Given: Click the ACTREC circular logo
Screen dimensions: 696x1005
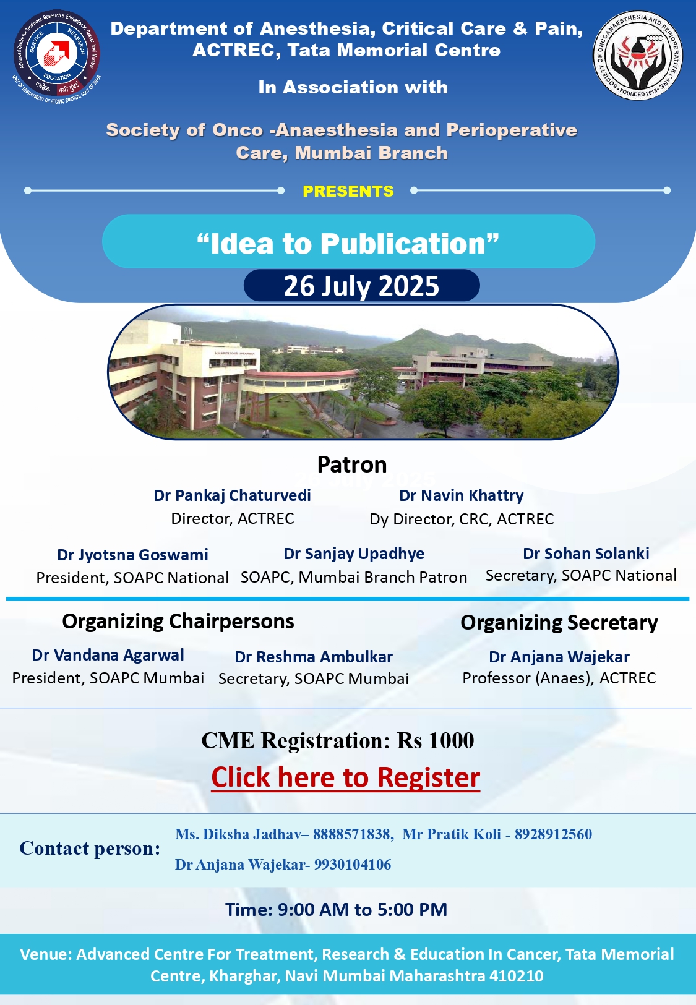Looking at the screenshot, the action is (x=56, y=55).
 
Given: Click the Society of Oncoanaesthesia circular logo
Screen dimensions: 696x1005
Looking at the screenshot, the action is (x=638, y=55).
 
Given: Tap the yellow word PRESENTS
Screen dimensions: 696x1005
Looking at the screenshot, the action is (x=348, y=191).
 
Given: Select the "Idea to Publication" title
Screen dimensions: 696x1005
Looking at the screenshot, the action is (x=348, y=243).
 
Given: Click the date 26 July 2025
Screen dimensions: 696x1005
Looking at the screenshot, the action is (x=361, y=286).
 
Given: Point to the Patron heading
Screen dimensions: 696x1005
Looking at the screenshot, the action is (x=352, y=464).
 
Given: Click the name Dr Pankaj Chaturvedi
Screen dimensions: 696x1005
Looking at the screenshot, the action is (x=232, y=495).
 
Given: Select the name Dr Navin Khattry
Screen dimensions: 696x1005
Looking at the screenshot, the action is (x=462, y=496).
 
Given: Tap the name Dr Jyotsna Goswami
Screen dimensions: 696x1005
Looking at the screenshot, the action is (x=132, y=555).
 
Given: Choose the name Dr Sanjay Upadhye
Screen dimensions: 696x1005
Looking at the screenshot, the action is (x=354, y=554).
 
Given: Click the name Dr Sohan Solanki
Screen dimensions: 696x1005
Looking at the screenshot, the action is (x=586, y=554).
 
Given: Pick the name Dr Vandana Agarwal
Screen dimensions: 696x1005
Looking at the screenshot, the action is (x=108, y=655).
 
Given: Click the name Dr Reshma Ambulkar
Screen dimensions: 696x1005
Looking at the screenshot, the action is (x=314, y=657).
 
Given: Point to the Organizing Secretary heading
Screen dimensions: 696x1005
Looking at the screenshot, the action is (x=559, y=623).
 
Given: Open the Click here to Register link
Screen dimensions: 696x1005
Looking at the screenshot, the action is (x=346, y=777).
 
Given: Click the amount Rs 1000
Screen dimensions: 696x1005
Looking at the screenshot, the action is (x=436, y=741).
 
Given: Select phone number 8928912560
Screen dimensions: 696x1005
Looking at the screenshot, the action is (x=553, y=834).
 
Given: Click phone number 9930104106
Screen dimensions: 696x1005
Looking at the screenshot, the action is (x=352, y=865).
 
